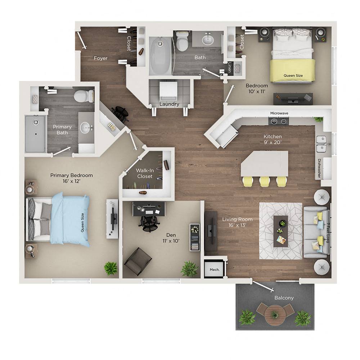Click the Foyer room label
[100, 58]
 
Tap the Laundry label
[169, 104]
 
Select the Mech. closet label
[215, 269]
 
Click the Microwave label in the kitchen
[279, 113]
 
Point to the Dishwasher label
[319, 168]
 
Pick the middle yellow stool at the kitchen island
[265, 181]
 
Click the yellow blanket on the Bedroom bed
[292, 70]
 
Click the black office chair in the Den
[149, 222]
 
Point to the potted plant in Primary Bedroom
[111, 268]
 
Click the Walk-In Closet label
[144, 174]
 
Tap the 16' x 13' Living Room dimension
[237, 226]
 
